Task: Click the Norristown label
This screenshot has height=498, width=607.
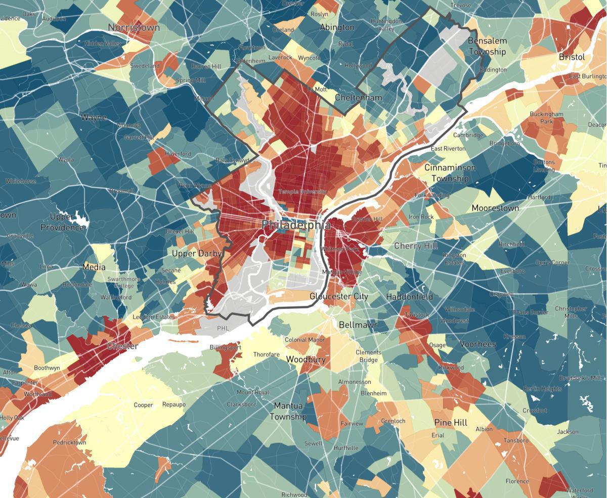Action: (134, 27)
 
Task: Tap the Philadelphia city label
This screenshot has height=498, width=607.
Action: (296, 225)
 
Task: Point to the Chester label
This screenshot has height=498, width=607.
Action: (122, 346)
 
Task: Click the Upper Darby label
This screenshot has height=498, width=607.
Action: (197, 253)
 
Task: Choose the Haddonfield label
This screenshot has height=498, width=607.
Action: (409, 297)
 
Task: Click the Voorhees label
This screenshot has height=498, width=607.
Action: (478, 344)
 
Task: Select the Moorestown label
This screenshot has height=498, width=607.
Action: (495, 208)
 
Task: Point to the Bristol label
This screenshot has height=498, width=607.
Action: (572, 57)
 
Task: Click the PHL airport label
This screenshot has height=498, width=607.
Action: (223, 328)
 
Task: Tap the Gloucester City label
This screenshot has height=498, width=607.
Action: (339, 296)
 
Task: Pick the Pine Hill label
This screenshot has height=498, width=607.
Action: (450, 422)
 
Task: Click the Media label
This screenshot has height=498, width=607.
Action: (94, 267)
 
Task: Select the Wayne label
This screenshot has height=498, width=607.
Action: (94, 117)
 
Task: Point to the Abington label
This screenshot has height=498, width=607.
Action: (337, 27)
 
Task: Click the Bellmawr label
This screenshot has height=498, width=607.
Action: (358, 325)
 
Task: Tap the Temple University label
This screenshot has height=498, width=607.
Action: (302, 192)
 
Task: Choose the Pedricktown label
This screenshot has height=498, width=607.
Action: (69, 442)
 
